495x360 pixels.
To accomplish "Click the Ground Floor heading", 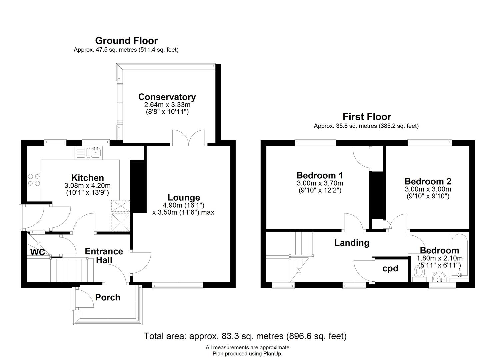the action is pos(126,41).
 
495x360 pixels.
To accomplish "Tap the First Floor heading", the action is pos(367,117).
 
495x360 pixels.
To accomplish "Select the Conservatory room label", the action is pos(167,97).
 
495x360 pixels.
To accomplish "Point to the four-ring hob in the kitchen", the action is pos(34,180).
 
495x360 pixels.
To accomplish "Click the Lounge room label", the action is pos(184,197).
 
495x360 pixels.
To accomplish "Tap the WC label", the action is pos(37,252).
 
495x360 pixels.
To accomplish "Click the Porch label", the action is pos(108,297).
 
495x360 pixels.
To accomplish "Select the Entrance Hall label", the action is pos(104,256).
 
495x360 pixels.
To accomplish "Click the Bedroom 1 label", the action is pos(320,175).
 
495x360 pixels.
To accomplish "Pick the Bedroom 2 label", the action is pos(428,181).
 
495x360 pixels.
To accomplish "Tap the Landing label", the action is pos(352,243).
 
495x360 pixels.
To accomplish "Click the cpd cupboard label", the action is pos(390,269).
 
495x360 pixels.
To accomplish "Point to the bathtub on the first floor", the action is pos(459,255).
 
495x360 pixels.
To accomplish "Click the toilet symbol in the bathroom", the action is pos(419,273).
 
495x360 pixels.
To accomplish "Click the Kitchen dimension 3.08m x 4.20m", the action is pos(88,186).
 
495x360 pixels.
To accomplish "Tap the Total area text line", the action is pos(245,336).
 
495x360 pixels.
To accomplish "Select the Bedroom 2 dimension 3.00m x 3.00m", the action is pos(428,189).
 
